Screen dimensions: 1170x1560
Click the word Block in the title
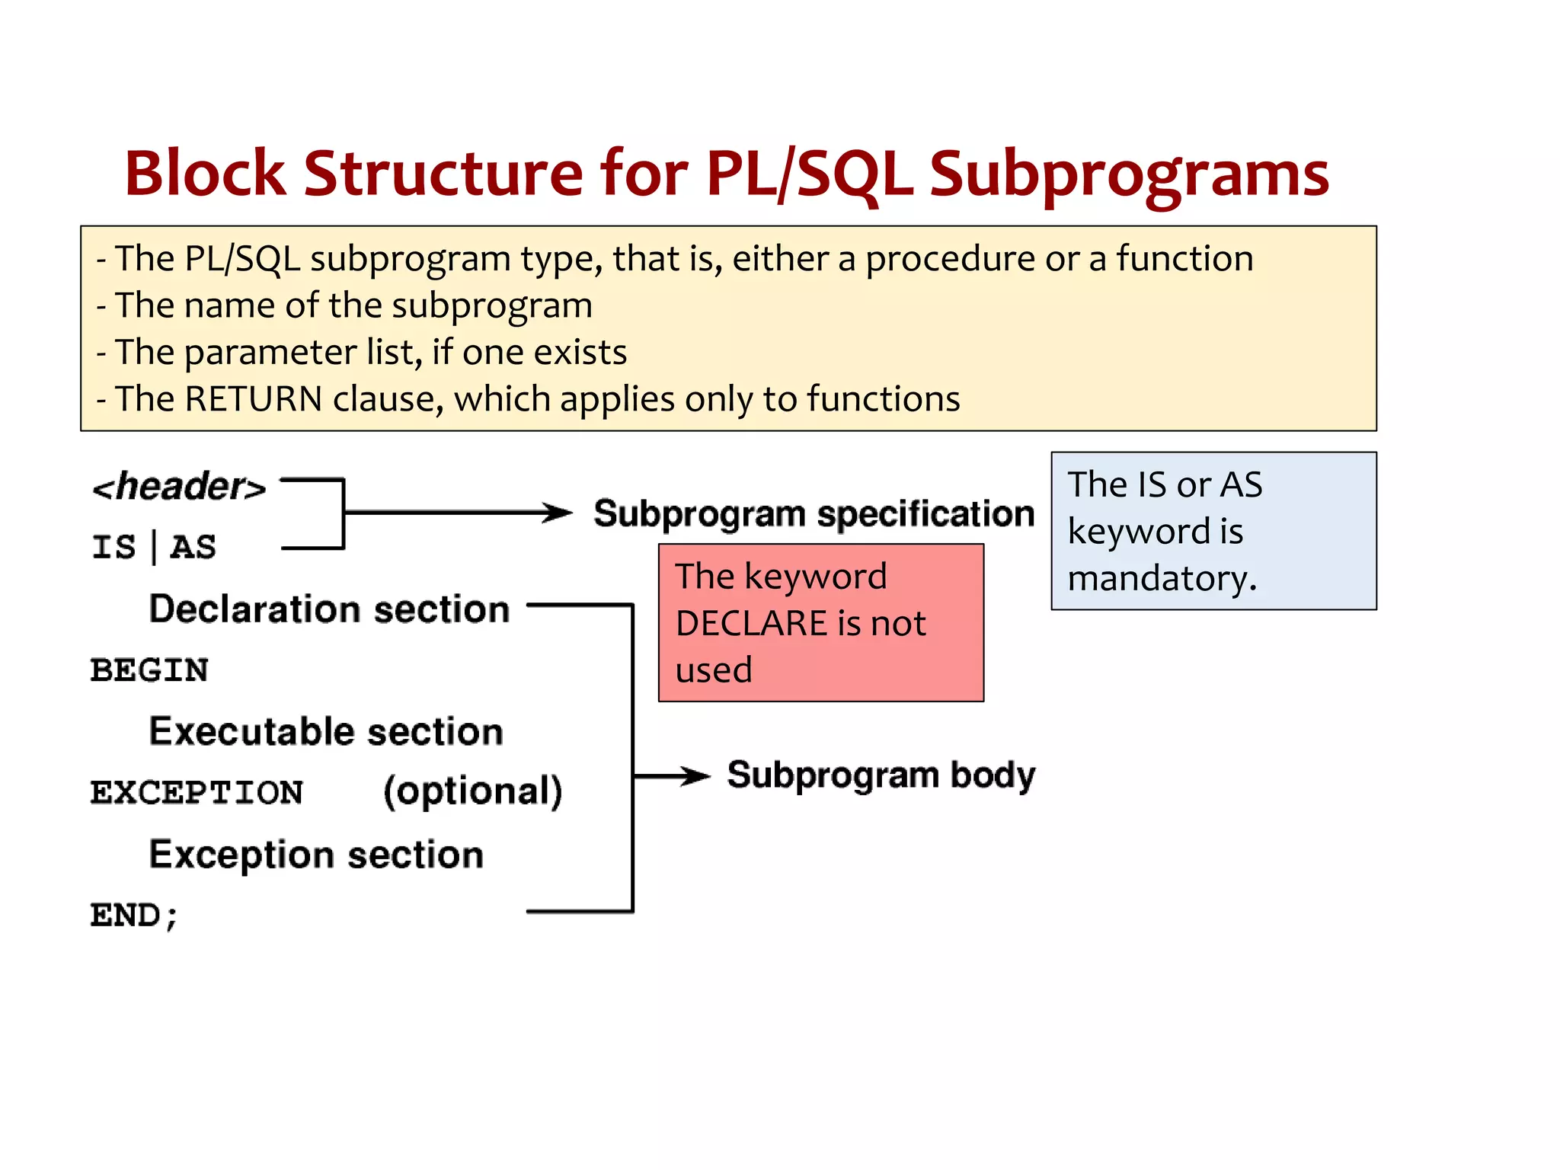204,174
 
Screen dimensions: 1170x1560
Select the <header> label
179,487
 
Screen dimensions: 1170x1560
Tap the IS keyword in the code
113,547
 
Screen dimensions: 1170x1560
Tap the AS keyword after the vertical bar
193,547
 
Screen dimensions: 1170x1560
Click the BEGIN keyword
149,670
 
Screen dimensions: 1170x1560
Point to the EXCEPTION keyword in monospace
197,792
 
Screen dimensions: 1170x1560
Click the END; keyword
134,915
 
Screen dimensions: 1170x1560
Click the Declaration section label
329,609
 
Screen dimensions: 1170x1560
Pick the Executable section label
326,731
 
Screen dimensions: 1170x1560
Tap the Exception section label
316,854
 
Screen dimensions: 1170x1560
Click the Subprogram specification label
814,513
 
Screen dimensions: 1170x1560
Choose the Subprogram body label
881,775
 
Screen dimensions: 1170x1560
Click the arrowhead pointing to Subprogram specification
559,513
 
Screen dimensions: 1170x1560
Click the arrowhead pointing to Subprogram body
696,776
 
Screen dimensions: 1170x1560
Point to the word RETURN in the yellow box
254,399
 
